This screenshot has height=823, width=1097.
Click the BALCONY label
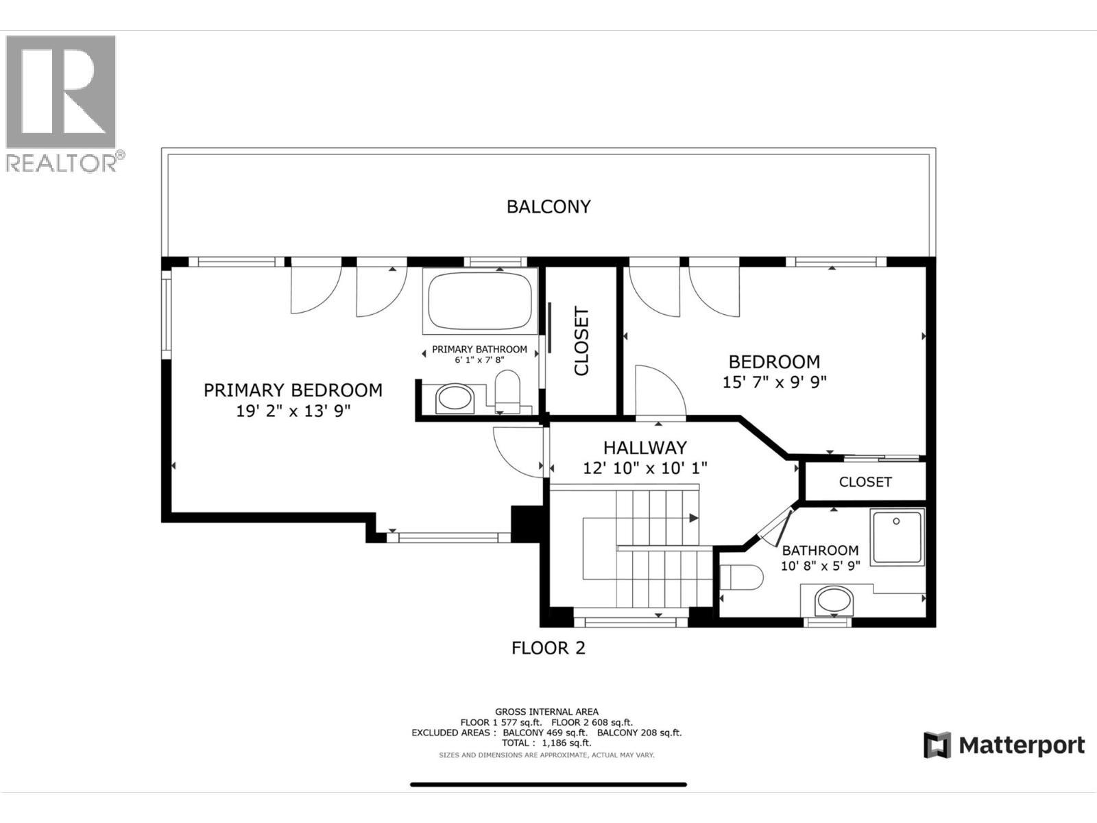pyautogui.click(x=548, y=206)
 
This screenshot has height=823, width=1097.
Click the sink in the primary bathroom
pyautogui.click(x=455, y=398)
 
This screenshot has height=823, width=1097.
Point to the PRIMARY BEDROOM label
pyautogui.click(x=293, y=390)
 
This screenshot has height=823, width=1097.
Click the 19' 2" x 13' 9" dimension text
pyautogui.click(x=293, y=411)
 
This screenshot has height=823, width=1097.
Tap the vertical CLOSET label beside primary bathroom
pyautogui.click(x=581, y=341)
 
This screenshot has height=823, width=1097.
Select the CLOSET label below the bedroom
pyautogui.click(x=865, y=482)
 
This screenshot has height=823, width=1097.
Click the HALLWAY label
pyautogui.click(x=644, y=448)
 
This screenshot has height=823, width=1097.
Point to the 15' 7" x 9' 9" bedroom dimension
pyautogui.click(x=774, y=382)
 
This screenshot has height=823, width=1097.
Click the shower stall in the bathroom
pyautogui.click(x=897, y=536)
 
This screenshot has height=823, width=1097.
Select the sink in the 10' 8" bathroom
pyautogui.click(x=834, y=601)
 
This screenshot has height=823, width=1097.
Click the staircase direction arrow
pyautogui.click(x=694, y=518)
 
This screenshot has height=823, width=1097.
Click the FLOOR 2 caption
pyautogui.click(x=548, y=647)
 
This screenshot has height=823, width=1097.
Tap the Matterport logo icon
pyautogui.click(x=937, y=745)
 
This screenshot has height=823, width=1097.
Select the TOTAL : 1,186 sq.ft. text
pyautogui.click(x=546, y=743)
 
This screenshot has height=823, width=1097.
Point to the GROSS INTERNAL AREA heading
pyautogui.click(x=546, y=712)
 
